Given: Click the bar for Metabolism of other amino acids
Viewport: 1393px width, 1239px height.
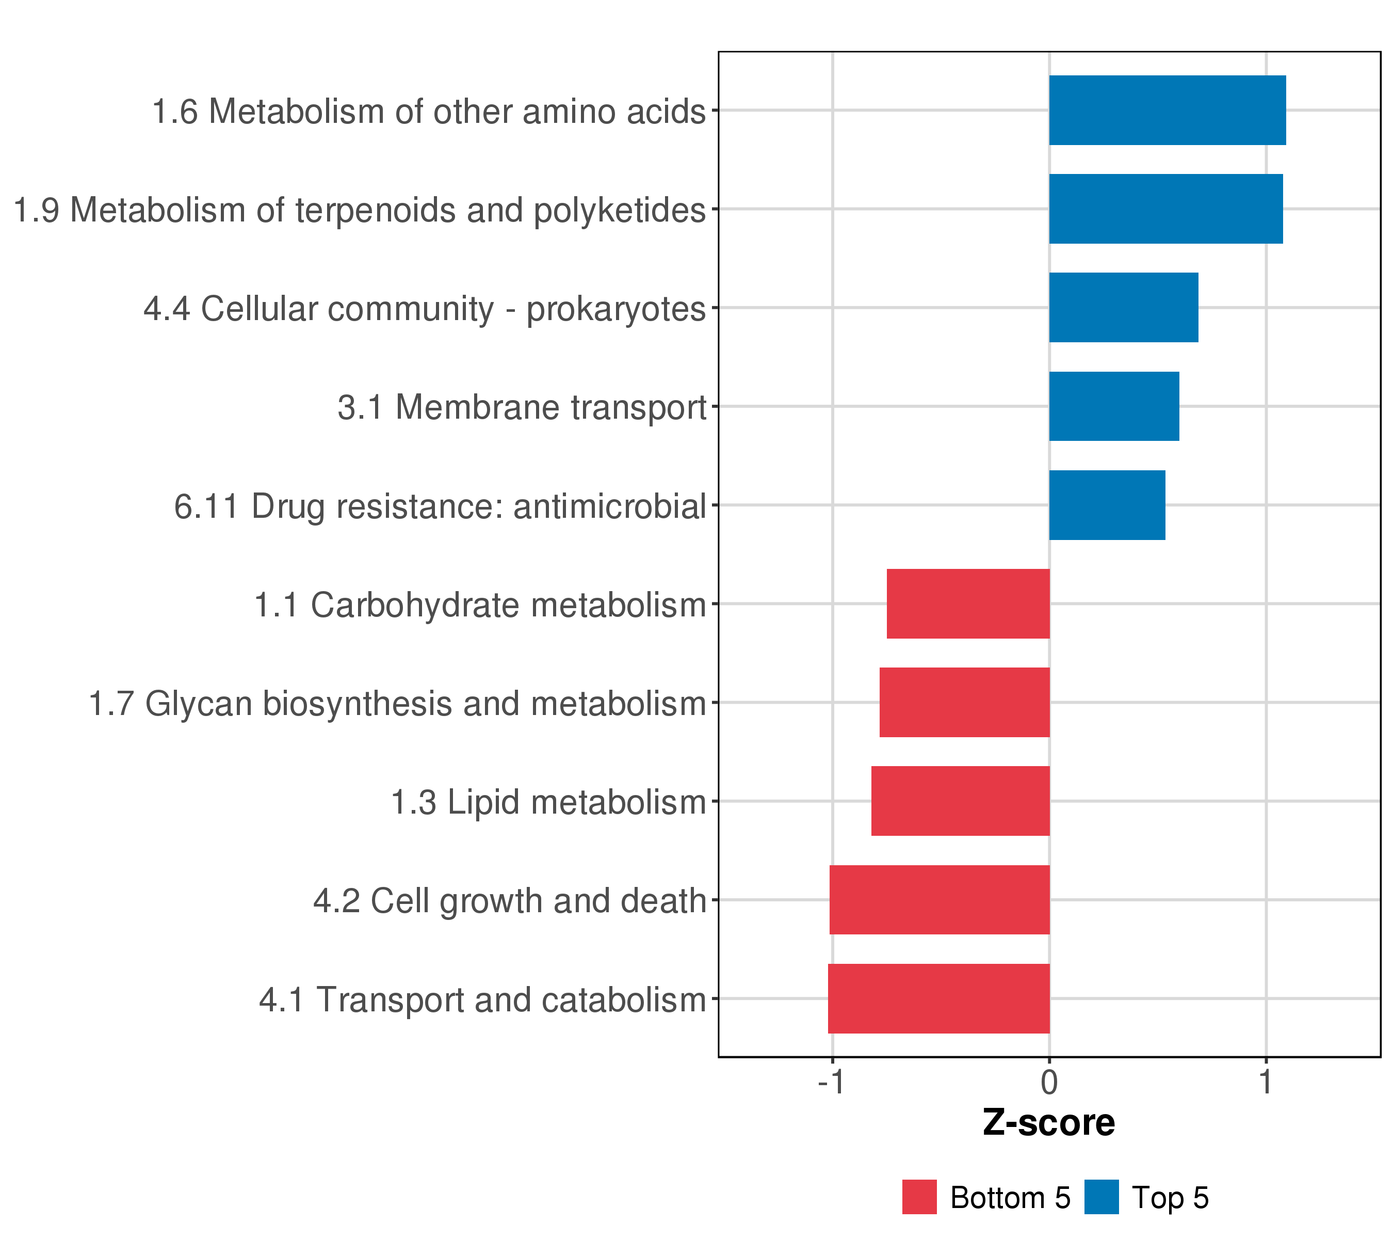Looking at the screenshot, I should [x=1167, y=110].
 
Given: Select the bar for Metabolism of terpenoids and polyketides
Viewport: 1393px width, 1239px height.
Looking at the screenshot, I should [x=1165, y=209].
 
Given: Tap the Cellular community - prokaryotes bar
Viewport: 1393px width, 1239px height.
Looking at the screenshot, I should [x=1123, y=308].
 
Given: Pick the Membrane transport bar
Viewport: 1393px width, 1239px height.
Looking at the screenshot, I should [x=1113, y=406].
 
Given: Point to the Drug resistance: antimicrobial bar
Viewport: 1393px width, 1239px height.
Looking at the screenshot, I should [x=1107, y=505].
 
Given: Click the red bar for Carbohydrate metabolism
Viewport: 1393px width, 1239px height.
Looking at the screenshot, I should [x=968, y=603].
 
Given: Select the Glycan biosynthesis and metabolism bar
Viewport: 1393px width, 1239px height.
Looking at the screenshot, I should [x=964, y=702].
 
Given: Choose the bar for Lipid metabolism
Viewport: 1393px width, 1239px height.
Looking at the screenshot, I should [x=960, y=801].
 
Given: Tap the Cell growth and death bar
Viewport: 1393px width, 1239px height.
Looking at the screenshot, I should [x=939, y=900].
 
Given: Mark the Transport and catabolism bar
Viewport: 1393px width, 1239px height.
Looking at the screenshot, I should [x=938, y=999].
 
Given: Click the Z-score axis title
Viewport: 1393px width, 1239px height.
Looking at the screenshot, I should [x=1049, y=1123].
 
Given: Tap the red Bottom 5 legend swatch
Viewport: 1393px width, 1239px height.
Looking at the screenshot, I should [x=919, y=1197].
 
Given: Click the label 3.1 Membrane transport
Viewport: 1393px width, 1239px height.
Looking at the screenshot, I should [x=522, y=408].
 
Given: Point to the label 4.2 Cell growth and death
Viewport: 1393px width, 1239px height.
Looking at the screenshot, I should [x=509, y=901].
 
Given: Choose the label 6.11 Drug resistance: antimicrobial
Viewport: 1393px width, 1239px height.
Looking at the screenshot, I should [x=440, y=506].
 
